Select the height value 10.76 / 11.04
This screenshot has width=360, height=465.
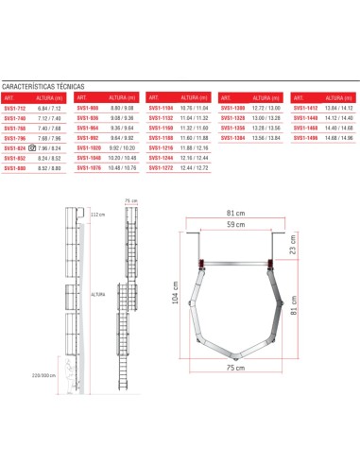point(197,108)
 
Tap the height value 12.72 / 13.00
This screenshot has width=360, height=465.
point(268,108)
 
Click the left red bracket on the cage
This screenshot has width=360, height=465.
point(200,261)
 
